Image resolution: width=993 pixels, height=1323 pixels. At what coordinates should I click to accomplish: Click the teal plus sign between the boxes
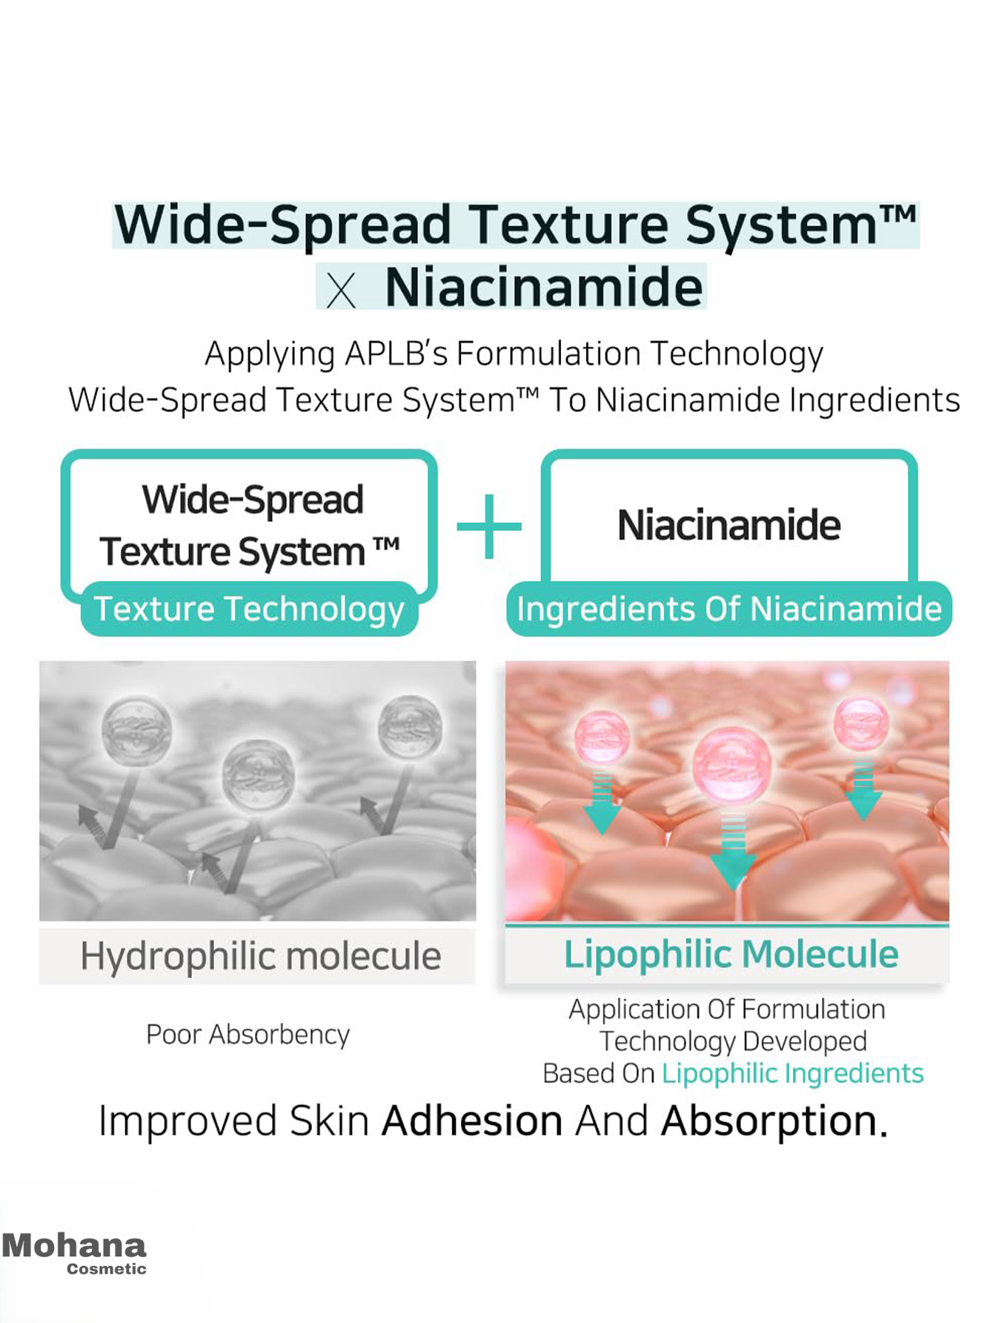[x=489, y=526]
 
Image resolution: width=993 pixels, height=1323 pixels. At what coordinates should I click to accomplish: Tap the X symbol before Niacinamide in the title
[x=341, y=291]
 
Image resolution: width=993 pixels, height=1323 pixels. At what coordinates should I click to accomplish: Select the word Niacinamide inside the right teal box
[x=729, y=525]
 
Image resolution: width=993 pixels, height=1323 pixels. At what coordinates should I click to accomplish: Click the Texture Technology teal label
[x=249, y=609]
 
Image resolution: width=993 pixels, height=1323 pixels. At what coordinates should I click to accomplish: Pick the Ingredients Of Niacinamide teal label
[x=729, y=609]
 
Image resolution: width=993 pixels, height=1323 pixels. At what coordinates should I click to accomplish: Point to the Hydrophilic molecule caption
[x=260, y=956]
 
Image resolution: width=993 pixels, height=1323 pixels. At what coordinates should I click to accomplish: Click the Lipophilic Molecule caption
[x=731, y=955]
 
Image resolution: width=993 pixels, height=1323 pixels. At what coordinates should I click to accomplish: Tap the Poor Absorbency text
[x=248, y=1035]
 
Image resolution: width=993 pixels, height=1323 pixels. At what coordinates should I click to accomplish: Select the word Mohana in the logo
[x=74, y=1246]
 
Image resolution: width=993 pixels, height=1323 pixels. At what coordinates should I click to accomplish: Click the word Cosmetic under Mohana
[x=107, y=1269]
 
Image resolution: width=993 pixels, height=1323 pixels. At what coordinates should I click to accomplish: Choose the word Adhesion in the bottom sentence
[x=472, y=1121]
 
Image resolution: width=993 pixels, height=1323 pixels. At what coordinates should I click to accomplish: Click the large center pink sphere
[x=732, y=765]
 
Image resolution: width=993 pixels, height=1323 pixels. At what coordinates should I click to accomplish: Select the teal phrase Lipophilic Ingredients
[x=792, y=1074]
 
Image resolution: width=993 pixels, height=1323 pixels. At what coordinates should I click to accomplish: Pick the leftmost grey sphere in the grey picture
[x=136, y=729]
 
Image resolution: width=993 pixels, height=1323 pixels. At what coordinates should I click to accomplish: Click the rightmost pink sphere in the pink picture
[x=861, y=723]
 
